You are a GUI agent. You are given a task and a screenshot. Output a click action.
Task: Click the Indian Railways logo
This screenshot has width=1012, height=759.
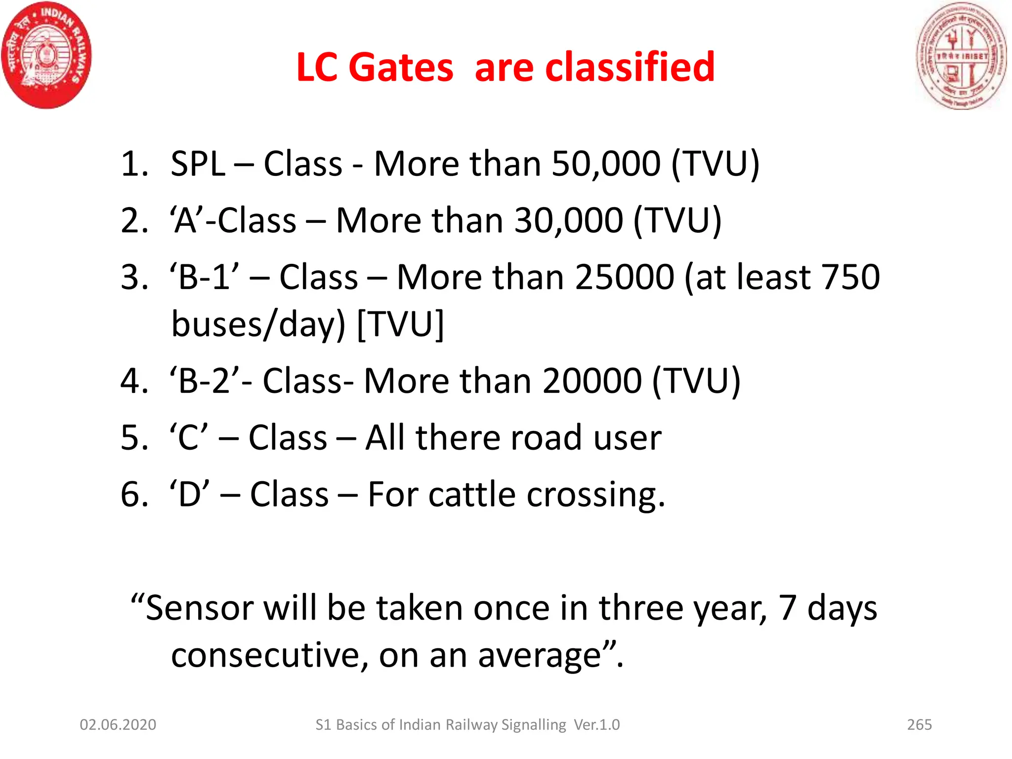[x=47, y=55]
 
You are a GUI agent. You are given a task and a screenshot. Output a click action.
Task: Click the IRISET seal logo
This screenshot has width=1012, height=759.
[x=961, y=55]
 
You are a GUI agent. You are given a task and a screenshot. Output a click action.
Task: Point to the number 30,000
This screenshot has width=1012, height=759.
[x=568, y=220]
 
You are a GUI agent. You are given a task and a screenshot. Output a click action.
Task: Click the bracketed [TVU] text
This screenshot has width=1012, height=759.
[x=400, y=324]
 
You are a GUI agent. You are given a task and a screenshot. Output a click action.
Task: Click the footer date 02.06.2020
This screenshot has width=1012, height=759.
[x=118, y=724]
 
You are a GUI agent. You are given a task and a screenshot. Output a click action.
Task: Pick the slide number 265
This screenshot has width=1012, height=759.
[x=919, y=724]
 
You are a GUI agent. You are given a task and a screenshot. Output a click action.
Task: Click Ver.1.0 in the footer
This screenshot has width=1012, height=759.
[x=596, y=724]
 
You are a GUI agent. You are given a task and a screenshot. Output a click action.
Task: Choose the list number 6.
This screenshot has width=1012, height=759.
[x=133, y=495]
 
